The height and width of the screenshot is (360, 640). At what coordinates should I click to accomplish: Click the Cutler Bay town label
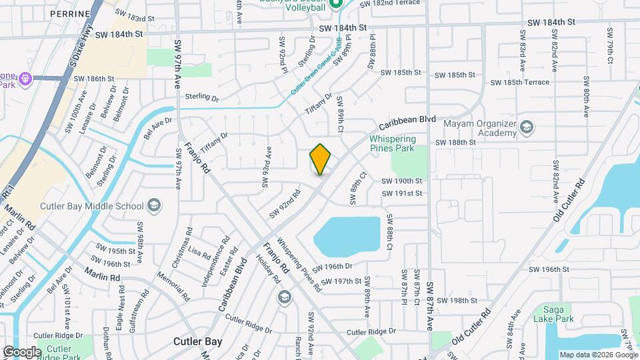pos(197,341)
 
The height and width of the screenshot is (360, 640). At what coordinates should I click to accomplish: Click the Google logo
pos(21,351)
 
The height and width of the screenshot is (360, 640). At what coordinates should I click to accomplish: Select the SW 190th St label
pos(402,181)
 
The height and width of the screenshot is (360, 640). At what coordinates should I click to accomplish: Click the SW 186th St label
pos(95,79)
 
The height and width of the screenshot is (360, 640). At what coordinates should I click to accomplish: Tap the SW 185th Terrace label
pos(520,82)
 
